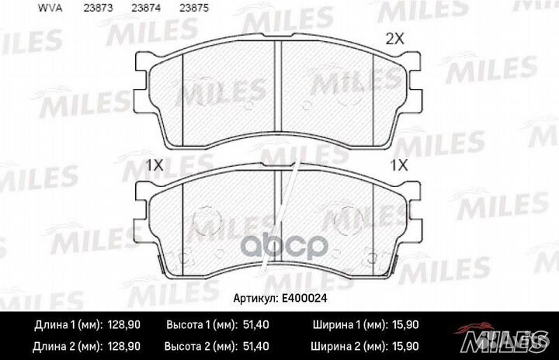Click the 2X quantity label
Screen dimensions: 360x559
(x=397, y=38)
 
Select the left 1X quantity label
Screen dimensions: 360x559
(x=155, y=164)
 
